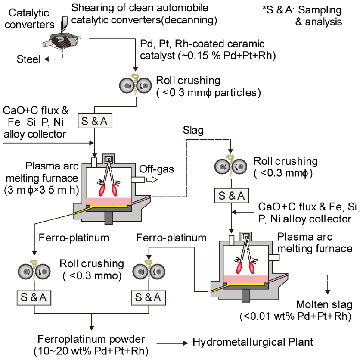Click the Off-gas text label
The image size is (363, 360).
(160, 169)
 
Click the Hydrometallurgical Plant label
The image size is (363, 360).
(252, 343)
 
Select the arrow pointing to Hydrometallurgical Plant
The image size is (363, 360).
(172, 343)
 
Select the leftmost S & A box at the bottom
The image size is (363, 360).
(34, 297)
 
